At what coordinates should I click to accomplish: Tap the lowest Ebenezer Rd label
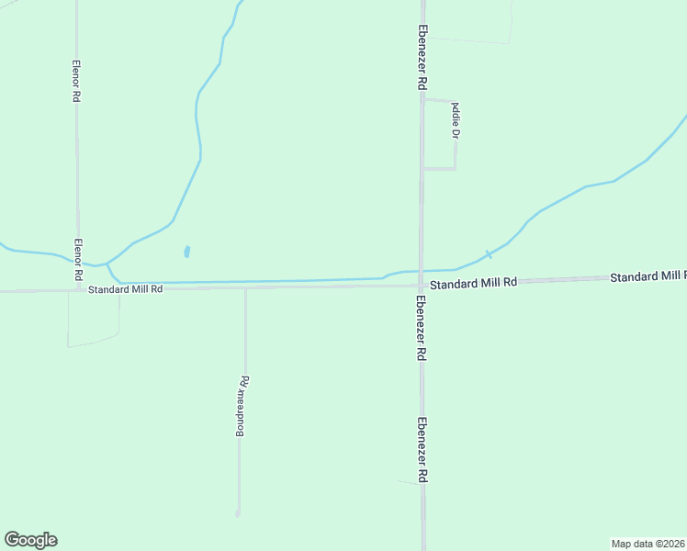point(422,451)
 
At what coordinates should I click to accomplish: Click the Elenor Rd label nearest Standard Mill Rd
point(79,260)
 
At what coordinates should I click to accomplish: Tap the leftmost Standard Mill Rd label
point(125,288)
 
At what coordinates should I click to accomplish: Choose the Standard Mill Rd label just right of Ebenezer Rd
point(474,284)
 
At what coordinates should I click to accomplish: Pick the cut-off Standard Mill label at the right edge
point(648,276)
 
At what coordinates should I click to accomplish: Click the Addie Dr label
point(454,120)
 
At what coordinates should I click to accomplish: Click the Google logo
point(30,540)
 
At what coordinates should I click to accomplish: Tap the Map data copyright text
point(648,543)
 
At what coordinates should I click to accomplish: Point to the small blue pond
point(186,251)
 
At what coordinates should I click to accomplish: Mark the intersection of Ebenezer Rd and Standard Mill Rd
point(422,285)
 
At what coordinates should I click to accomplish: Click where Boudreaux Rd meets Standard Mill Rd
point(245,288)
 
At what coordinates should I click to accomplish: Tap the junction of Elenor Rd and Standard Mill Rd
point(78,290)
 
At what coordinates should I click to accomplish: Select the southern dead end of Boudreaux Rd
point(238,513)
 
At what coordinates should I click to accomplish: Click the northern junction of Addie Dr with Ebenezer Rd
point(422,99)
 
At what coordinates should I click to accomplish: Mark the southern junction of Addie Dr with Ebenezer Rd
point(422,169)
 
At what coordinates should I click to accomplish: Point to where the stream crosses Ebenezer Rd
point(422,271)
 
